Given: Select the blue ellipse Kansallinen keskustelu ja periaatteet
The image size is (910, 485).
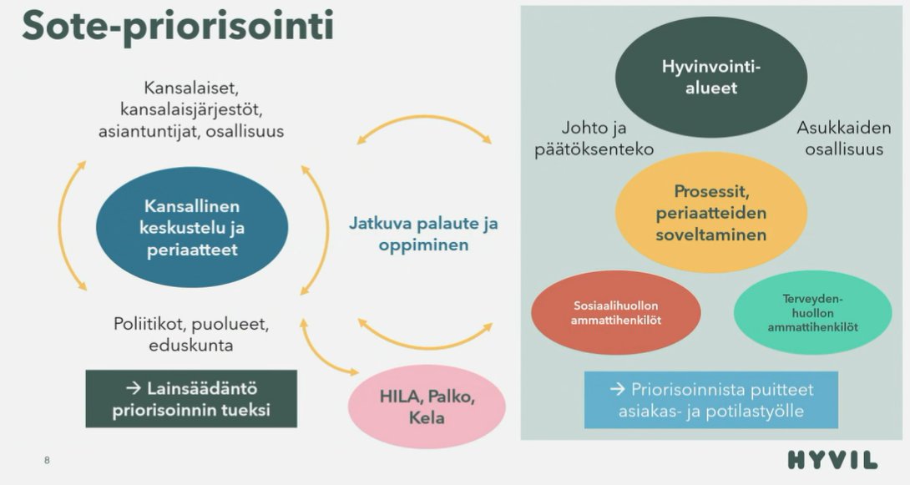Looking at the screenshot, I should (x=192, y=228).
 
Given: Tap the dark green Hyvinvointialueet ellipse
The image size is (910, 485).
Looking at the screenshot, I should (x=711, y=77).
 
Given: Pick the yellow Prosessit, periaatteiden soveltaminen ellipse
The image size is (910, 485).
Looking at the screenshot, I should (x=711, y=213).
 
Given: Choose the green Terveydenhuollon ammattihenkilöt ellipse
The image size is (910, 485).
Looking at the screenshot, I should (x=813, y=313).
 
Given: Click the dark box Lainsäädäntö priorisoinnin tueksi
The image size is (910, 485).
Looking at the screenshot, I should (x=191, y=399).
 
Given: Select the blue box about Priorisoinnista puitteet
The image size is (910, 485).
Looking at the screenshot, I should (x=710, y=400).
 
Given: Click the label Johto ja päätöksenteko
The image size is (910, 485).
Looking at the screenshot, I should (x=606, y=139).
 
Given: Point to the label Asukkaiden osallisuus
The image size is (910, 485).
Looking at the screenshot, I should (x=843, y=139).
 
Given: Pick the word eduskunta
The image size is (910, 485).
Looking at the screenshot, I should (x=191, y=345).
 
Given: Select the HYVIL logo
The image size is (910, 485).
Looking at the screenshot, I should (x=832, y=460).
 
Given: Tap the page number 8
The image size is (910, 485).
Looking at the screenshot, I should (x=47, y=460).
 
